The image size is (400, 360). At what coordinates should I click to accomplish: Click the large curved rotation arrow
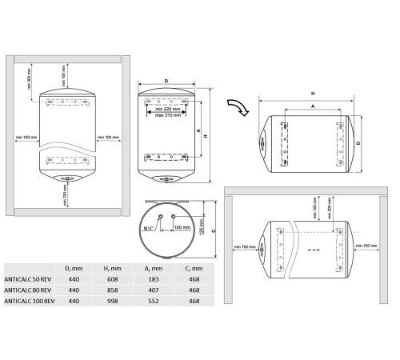(x=238, y=106)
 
